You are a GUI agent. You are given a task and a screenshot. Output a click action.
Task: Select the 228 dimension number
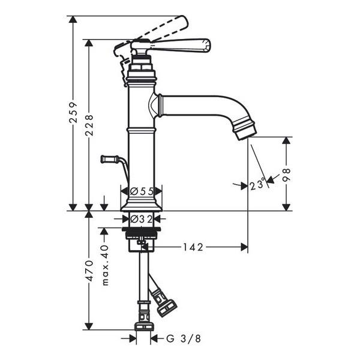[x=89, y=125]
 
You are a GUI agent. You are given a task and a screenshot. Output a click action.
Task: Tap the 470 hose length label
[x=89, y=271]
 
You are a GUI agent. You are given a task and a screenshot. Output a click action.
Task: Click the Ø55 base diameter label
[x=142, y=191]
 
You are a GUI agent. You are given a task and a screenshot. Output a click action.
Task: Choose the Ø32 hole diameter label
[x=141, y=220]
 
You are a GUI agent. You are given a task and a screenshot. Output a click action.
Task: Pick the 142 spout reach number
[x=193, y=247]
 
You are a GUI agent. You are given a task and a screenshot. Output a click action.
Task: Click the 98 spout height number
[x=286, y=175]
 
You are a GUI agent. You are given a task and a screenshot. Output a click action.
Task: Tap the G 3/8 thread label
[x=184, y=338]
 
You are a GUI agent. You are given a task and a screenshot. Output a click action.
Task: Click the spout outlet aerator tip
[x=247, y=134]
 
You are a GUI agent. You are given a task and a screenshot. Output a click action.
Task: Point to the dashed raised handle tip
[x=184, y=22]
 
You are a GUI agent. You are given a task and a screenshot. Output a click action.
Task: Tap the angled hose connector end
[x=167, y=309]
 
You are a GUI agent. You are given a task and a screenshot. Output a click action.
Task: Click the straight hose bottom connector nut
[x=143, y=326]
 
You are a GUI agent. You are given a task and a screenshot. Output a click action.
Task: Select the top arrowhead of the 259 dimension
[x=73, y=19]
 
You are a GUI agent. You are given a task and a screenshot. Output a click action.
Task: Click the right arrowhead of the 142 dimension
[x=244, y=247]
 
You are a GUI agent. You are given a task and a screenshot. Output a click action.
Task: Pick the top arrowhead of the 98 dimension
[x=286, y=140]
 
